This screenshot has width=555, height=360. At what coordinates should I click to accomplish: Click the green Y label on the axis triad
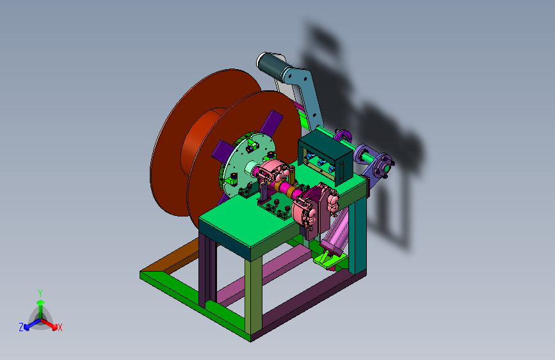[40, 293]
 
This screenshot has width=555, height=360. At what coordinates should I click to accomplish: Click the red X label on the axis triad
[60, 328]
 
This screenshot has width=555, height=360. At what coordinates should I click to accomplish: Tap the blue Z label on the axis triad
[21, 327]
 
